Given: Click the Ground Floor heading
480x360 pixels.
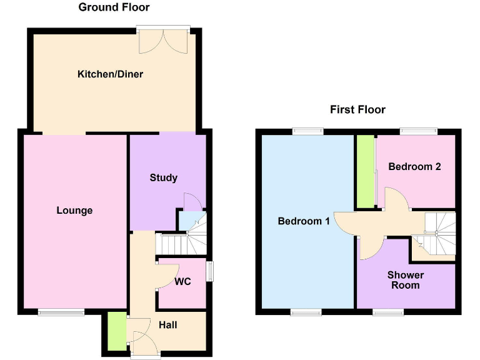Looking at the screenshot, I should pos(114,7).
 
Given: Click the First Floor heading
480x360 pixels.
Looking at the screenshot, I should pos(357,110).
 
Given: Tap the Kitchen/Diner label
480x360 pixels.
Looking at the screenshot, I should pos(110,74).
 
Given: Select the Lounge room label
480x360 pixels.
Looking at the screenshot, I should pos(74,211).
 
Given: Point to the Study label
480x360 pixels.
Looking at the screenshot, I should pos(164,178).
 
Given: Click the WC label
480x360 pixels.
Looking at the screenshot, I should pos(182,282).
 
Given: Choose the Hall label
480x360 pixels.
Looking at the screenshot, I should pos(167,325).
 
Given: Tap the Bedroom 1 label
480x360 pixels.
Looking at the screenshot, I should pos(304,221).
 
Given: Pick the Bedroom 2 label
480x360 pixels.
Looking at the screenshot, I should pos(414,167).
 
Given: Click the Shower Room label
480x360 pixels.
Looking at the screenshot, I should pos(405,280).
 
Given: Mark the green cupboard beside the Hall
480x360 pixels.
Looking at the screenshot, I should pos(116,331).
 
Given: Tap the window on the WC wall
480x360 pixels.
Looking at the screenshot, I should pos(210,271).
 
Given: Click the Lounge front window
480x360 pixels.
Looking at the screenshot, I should pos(61,312).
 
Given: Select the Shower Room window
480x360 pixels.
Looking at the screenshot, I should pos(387,311).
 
